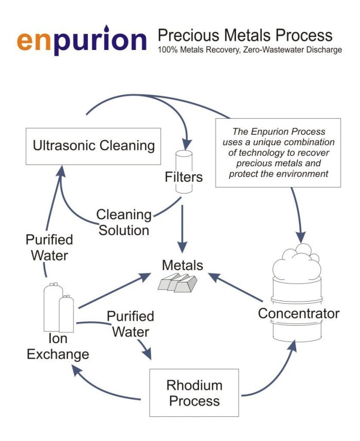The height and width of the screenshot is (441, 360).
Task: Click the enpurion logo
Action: point(82,41)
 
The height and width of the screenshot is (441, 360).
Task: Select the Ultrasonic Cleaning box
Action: point(94,146)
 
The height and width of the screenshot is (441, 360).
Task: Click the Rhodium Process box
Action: point(194,393)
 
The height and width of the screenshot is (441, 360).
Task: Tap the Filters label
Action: point(184,178)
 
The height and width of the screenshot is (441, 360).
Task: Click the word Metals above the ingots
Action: point(183,266)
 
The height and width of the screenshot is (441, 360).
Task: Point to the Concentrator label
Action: point(298,313)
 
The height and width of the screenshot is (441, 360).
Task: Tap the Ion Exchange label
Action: point(58,347)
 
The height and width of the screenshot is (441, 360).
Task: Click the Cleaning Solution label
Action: point(124,222)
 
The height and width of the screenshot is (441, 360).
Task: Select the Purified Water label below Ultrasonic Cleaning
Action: point(49,247)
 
